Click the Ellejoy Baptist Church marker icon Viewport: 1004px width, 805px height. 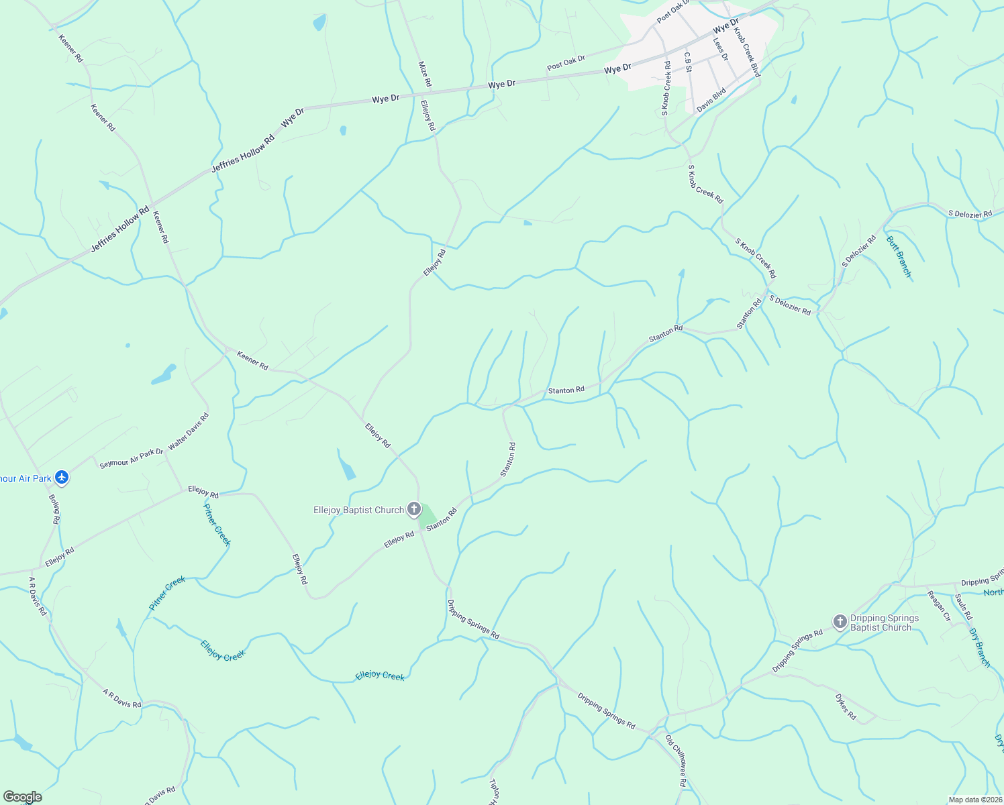414,509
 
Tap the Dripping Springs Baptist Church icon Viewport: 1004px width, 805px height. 840,622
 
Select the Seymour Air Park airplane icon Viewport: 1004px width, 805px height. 62,478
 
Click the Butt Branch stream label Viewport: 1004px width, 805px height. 899,256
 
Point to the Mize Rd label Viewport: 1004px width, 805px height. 425,74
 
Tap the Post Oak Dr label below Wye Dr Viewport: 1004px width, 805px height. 566,63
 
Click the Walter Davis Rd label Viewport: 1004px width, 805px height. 189,431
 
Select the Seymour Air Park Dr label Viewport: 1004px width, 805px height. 132,458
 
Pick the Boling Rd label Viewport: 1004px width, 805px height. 55,509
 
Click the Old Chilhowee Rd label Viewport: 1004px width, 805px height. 676,761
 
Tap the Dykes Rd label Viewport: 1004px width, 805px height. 846,706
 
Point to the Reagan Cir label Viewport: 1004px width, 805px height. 939,606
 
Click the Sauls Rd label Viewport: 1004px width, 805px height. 963,606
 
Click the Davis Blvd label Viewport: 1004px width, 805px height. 711,100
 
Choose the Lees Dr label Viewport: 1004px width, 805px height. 720,50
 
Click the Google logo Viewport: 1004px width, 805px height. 22,797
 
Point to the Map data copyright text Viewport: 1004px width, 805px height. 975,800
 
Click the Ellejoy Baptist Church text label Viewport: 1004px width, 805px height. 359,510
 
